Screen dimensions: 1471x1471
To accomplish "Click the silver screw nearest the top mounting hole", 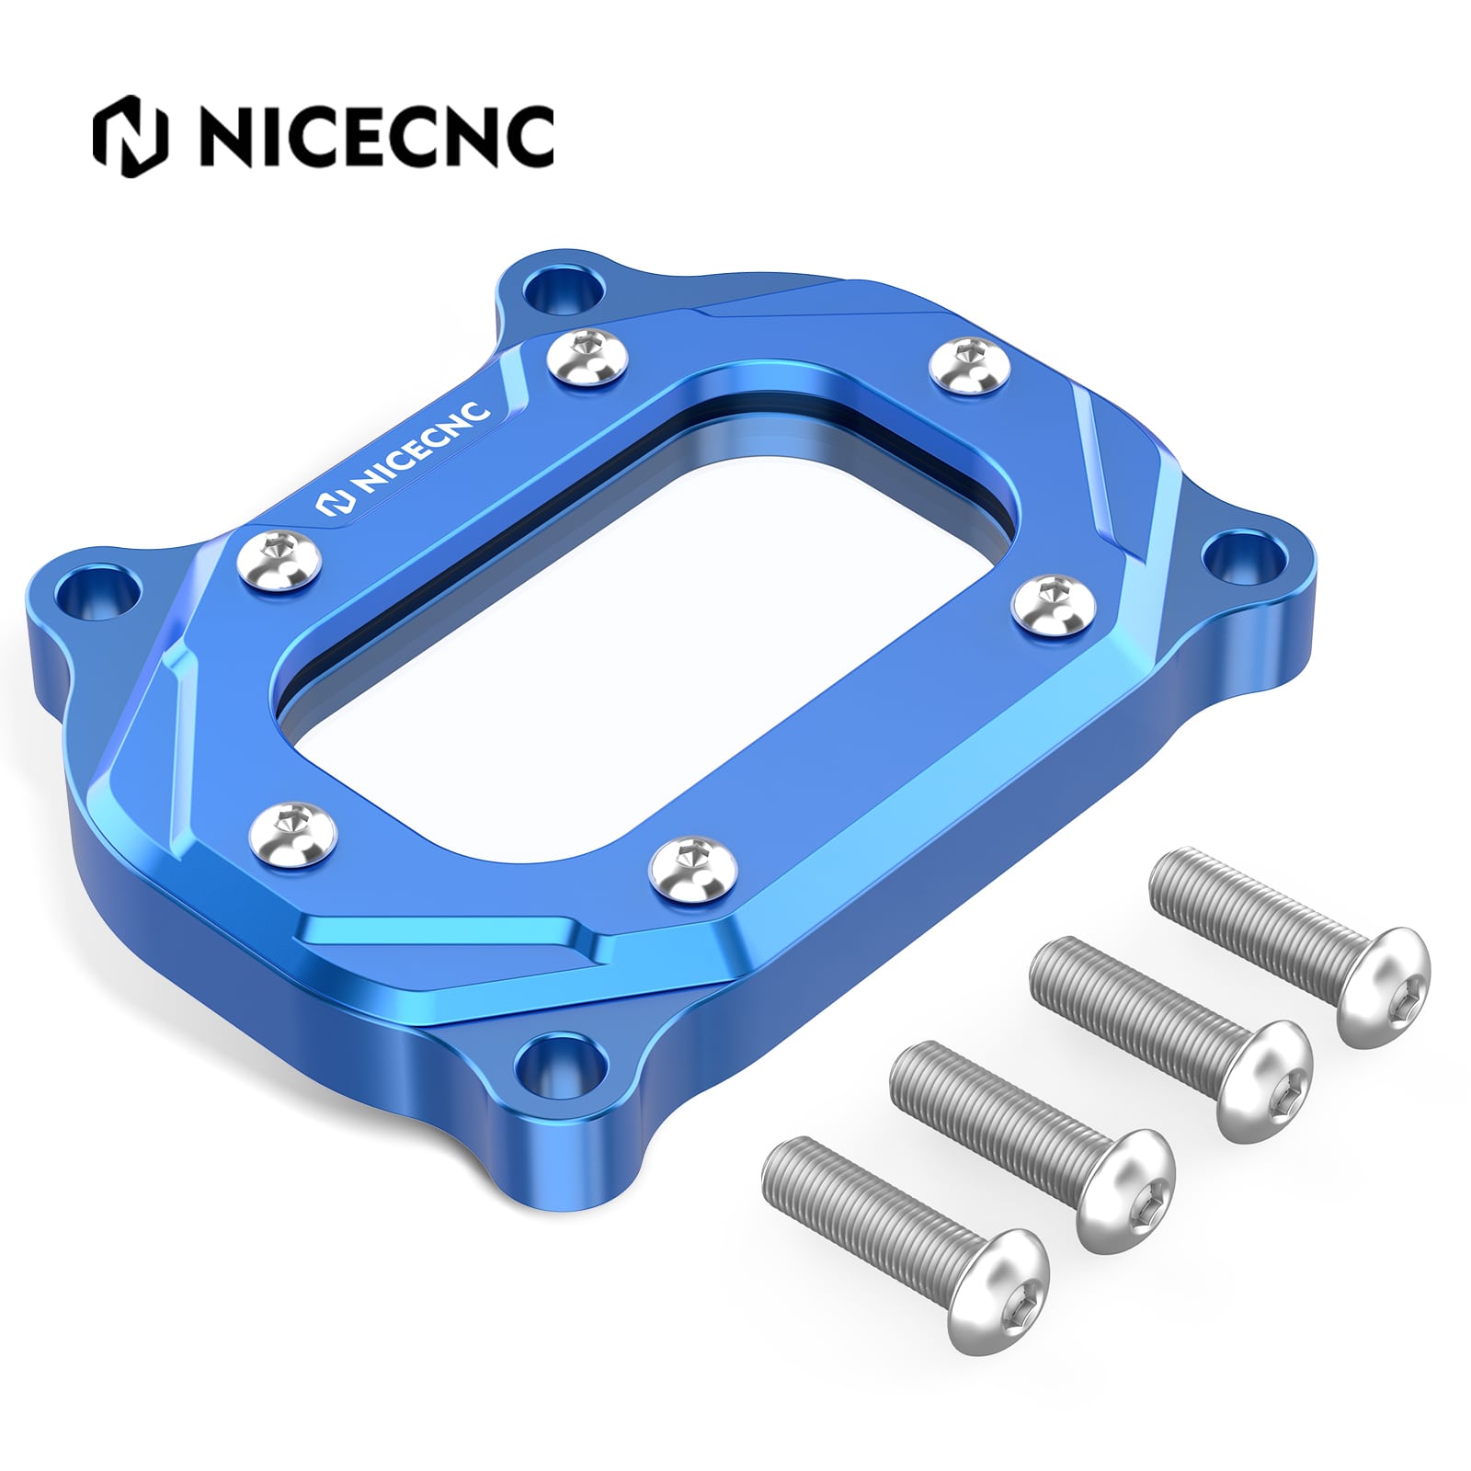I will tap(588, 358).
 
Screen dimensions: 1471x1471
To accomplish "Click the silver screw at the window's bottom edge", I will tap(693, 864).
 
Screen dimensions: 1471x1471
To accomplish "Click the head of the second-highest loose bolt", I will tap(1264, 1080).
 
